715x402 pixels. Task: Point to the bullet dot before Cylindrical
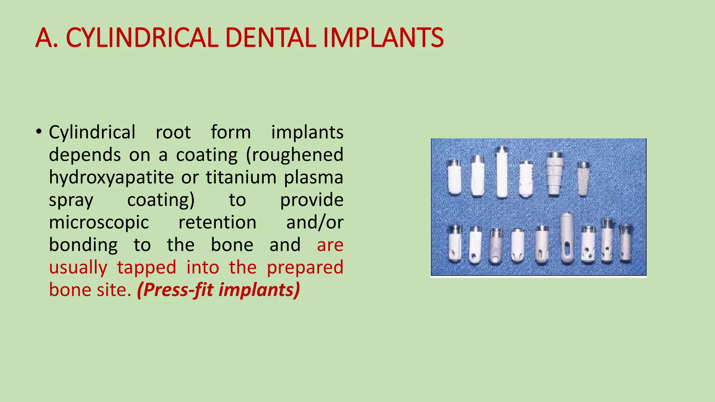39,132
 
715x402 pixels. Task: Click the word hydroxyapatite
111,177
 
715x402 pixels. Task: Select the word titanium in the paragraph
241,177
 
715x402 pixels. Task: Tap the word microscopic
99,222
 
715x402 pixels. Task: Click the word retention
217,222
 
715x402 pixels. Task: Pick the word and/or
315,222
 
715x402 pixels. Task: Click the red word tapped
146,267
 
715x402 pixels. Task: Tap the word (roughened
295,155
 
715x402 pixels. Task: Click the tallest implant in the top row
502,173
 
